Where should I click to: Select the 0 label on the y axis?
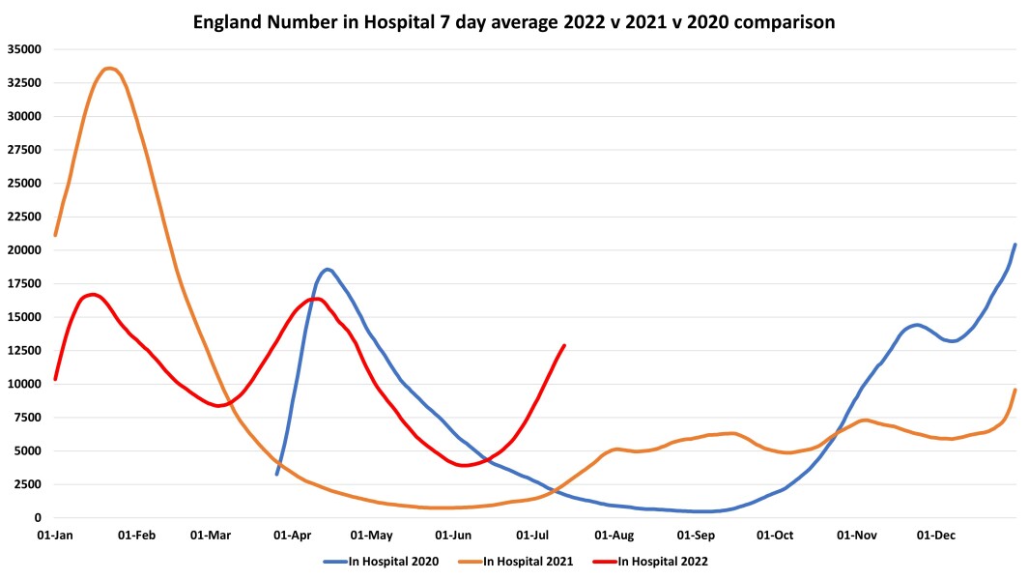(x=38, y=518)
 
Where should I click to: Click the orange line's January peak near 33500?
(x=109, y=68)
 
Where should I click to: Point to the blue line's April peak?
(x=328, y=269)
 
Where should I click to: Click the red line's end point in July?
(x=564, y=345)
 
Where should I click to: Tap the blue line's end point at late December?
(x=1015, y=245)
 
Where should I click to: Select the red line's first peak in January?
(x=92, y=294)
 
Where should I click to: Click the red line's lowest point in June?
(x=466, y=465)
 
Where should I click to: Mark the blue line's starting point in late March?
(x=277, y=474)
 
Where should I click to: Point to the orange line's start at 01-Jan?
(x=55, y=235)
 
